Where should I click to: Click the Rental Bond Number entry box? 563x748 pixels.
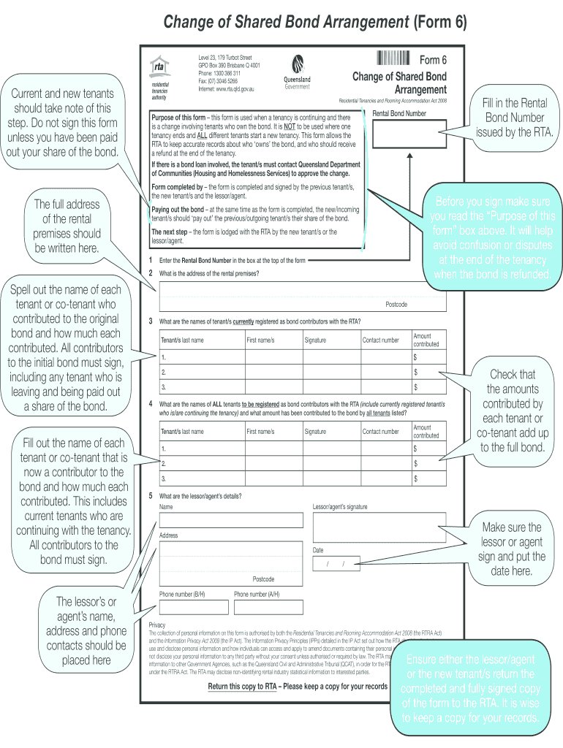(409, 134)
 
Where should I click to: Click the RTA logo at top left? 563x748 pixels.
(159, 68)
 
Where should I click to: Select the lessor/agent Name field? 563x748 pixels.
(230, 519)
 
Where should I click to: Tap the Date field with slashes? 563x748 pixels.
(336, 564)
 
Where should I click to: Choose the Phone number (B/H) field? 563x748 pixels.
(194, 607)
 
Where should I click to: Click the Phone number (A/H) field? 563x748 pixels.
(268, 607)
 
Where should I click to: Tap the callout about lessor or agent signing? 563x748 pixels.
(512, 549)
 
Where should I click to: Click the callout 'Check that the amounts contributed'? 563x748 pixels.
(513, 411)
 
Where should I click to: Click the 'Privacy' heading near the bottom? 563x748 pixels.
(157, 625)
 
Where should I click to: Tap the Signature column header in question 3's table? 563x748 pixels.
(315, 340)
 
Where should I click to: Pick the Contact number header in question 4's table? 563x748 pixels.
(381, 432)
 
